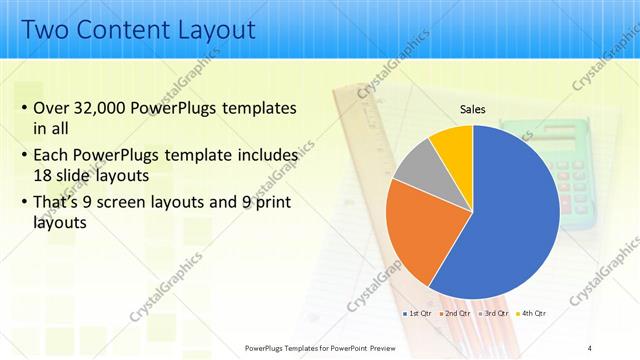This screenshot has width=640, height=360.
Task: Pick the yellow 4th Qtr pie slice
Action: coord(452,145)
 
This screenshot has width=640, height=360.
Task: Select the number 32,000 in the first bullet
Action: coord(104,108)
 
